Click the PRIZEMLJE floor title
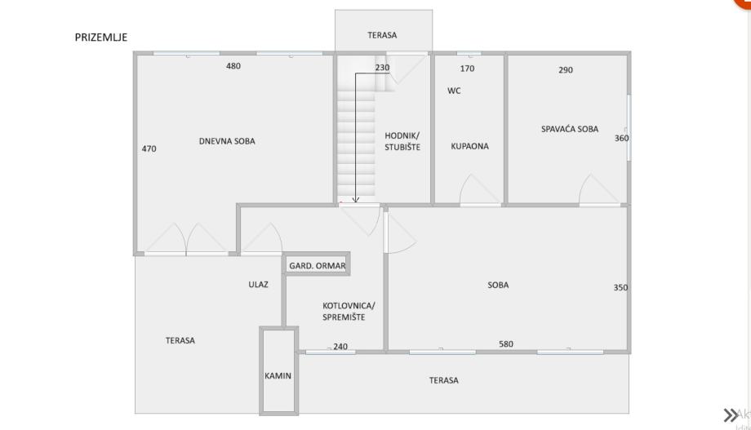(101, 37)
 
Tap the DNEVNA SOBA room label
(227, 141)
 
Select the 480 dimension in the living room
(233, 66)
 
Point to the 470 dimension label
(149, 149)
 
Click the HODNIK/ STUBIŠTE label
(402, 140)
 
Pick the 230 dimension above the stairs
(382, 68)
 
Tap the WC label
(454, 91)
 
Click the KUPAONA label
(469, 147)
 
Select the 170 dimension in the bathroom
(467, 69)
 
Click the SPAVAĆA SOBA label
(570, 129)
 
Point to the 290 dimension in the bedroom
(566, 70)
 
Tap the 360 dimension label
(621, 138)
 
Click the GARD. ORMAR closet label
(318, 266)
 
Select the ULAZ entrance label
(258, 285)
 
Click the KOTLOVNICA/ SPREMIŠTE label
(343, 311)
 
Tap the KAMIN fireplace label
(278, 376)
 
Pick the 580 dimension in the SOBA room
(506, 344)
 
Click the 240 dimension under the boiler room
(340, 347)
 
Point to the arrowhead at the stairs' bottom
(356, 199)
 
